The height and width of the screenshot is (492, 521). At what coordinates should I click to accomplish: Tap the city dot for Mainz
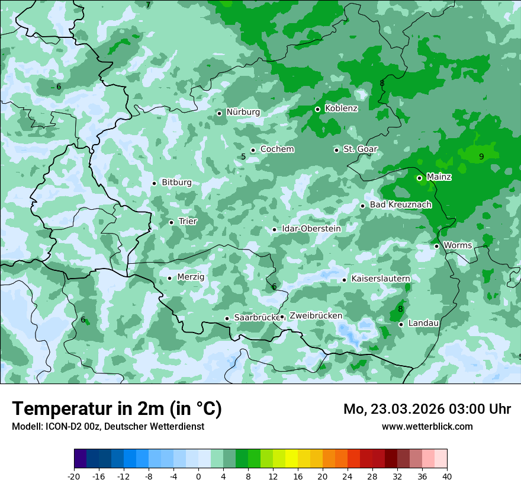coord(419,178)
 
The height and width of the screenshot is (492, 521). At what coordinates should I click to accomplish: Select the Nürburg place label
coord(243,112)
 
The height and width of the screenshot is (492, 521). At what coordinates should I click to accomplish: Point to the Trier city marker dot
coord(171,222)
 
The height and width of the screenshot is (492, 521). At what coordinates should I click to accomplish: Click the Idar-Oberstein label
coord(311,229)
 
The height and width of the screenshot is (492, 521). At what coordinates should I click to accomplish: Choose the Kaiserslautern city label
coord(381,279)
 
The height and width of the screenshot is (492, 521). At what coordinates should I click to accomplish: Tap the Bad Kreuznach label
coord(400,205)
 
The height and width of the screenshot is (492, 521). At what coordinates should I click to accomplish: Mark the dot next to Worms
coord(436,246)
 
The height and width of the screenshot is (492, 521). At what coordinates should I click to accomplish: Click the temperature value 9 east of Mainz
coord(481,156)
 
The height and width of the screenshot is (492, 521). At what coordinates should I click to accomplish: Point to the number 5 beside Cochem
coord(243,157)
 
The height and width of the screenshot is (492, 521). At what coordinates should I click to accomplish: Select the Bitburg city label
coord(176,183)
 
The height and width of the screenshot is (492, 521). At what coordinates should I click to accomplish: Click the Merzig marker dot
coord(169,278)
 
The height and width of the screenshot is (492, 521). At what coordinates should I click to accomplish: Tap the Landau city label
coord(423,323)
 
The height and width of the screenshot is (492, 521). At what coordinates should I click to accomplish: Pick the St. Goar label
coord(360,149)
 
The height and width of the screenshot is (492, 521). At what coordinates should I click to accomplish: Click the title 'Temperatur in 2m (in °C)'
coord(117,408)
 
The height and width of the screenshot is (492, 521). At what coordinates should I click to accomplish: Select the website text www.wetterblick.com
coord(427,426)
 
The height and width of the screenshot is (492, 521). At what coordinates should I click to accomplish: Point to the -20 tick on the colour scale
coord(74,476)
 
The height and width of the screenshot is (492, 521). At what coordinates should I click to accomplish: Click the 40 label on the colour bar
coord(447,476)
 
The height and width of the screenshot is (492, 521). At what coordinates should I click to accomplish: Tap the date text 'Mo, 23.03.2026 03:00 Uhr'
coord(427,409)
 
